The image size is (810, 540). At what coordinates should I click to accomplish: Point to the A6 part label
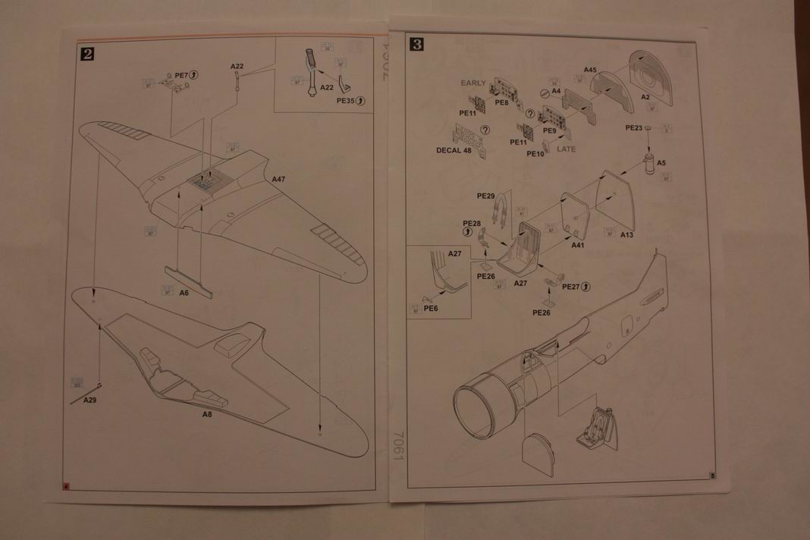(x=184, y=293)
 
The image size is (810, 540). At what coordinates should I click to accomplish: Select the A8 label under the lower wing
(x=207, y=415)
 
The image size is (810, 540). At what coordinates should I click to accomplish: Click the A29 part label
(x=90, y=400)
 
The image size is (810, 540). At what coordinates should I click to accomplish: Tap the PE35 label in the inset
(x=346, y=100)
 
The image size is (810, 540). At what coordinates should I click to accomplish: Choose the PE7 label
(x=181, y=75)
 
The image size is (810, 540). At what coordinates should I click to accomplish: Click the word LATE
(x=566, y=149)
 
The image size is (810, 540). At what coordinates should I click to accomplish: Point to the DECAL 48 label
(x=454, y=150)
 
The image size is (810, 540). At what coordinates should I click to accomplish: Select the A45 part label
(x=590, y=70)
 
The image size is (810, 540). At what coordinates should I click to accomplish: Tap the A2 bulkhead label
(x=645, y=97)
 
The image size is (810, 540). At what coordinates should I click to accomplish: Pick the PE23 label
(x=634, y=128)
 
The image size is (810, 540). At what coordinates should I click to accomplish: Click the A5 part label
(x=661, y=163)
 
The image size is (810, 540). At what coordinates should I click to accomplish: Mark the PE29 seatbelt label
(x=486, y=196)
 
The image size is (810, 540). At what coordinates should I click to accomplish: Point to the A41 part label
(x=578, y=245)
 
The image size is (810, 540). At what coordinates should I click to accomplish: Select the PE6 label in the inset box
(x=431, y=309)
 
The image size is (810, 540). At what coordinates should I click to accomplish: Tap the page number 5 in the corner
(x=712, y=476)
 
